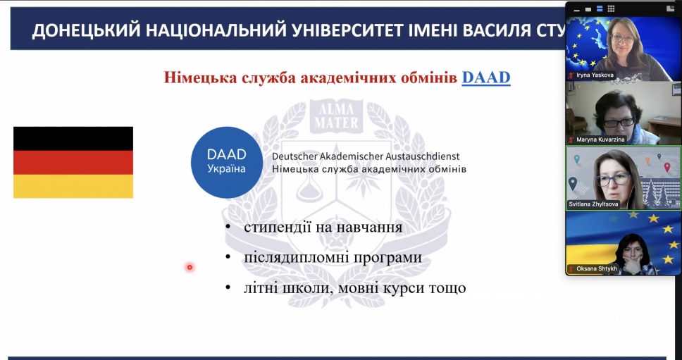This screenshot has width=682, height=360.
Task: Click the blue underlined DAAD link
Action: click(x=486, y=77)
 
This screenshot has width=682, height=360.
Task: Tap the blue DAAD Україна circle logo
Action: click(x=227, y=162)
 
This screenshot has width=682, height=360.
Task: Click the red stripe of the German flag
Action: click(x=73, y=163)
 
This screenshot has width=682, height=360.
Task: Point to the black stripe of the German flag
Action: click(x=73, y=139)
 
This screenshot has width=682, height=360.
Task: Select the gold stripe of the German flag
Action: click(x=73, y=187)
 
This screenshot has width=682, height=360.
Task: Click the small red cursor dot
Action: click(x=190, y=268)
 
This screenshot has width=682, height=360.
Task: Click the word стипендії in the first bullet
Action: click(x=277, y=228)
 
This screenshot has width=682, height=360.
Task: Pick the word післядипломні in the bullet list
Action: click(x=295, y=258)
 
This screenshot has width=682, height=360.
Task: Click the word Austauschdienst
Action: click(x=422, y=156)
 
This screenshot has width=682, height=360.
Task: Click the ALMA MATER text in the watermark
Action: click(x=336, y=116)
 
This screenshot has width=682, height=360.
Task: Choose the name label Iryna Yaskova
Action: click(x=595, y=75)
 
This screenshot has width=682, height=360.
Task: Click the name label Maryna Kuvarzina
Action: click(x=601, y=139)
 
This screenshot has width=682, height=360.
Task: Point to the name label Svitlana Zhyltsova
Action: click(x=593, y=204)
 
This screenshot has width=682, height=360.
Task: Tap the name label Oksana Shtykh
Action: click(x=597, y=268)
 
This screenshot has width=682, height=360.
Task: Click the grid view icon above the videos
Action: click(x=611, y=8)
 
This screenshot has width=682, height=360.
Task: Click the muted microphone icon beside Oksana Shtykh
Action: click(x=571, y=269)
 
